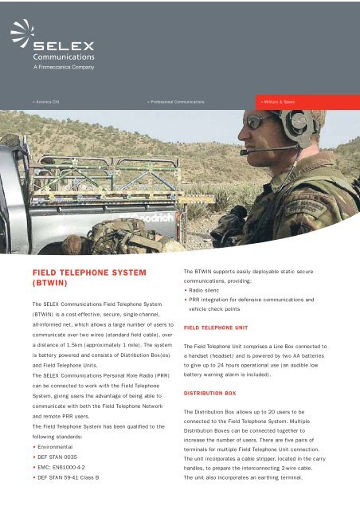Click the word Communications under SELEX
(x=64, y=57)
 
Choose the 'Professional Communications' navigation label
(x=176, y=103)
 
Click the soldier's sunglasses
(x=260, y=122)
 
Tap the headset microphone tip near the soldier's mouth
(x=245, y=152)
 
